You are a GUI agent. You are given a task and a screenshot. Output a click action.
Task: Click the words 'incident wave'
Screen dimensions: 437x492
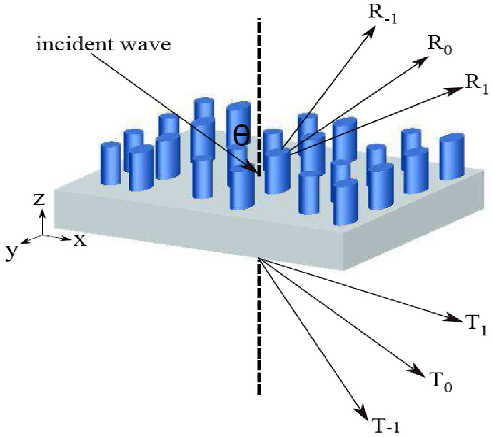click(104, 45)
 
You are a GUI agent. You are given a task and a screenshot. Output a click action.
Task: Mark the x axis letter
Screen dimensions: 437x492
click(80, 239)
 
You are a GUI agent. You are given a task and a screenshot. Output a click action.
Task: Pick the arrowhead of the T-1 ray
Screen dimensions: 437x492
click(361, 411)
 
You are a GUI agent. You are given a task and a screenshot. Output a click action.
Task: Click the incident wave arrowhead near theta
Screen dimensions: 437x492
click(253, 170)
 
